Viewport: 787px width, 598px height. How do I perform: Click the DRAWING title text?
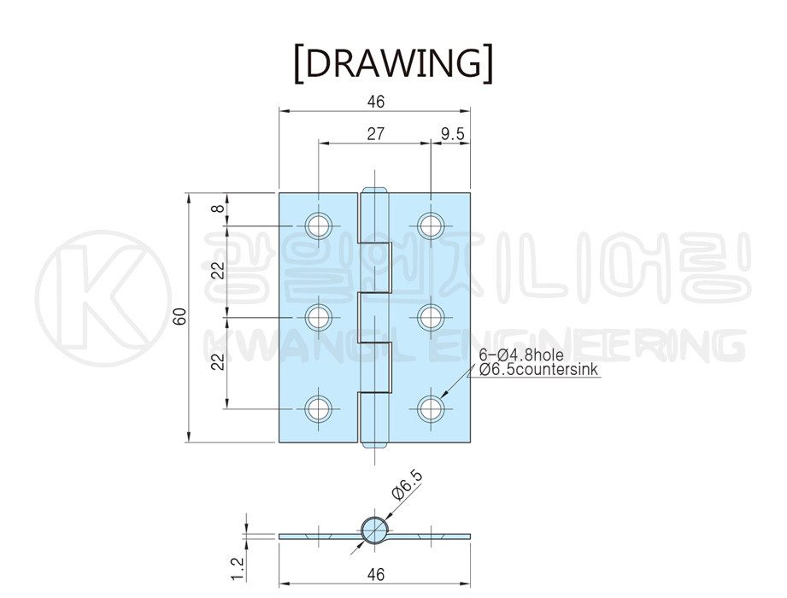click(x=393, y=63)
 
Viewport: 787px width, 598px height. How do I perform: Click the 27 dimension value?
click(x=375, y=134)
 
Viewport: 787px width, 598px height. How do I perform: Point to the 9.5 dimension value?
click(x=453, y=134)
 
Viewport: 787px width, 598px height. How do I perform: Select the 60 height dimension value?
click(x=179, y=316)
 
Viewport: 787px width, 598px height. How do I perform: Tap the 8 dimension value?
click(x=218, y=207)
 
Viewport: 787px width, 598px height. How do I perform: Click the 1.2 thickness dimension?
click(x=238, y=569)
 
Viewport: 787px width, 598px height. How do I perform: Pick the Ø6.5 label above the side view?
click(x=407, y=485)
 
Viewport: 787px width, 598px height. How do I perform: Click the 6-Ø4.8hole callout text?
click(x=521, y=355)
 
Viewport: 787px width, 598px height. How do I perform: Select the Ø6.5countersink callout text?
click(x=538, y=370)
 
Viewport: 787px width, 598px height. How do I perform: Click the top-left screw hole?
click(x=319, y=226)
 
